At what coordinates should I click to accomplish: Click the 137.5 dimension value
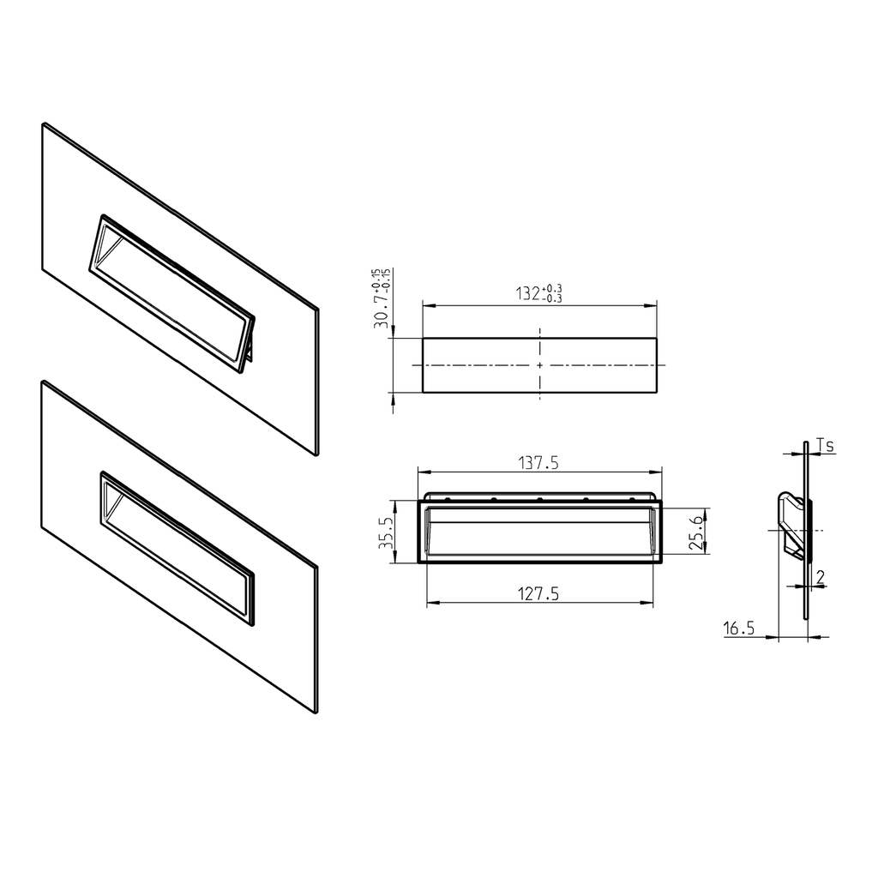point(538,463)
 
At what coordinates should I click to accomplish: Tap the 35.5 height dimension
point(387,532)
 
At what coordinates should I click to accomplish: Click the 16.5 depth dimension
point(738,628)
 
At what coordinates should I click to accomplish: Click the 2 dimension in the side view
point(821,577)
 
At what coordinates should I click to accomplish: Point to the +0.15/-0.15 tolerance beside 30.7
point(382,284)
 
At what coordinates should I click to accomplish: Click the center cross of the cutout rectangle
point(539,365)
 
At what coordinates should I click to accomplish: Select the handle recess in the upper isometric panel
point(171,292)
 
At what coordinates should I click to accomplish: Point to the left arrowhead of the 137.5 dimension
point(421,472)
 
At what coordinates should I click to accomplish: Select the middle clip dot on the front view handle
point(539,499)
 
